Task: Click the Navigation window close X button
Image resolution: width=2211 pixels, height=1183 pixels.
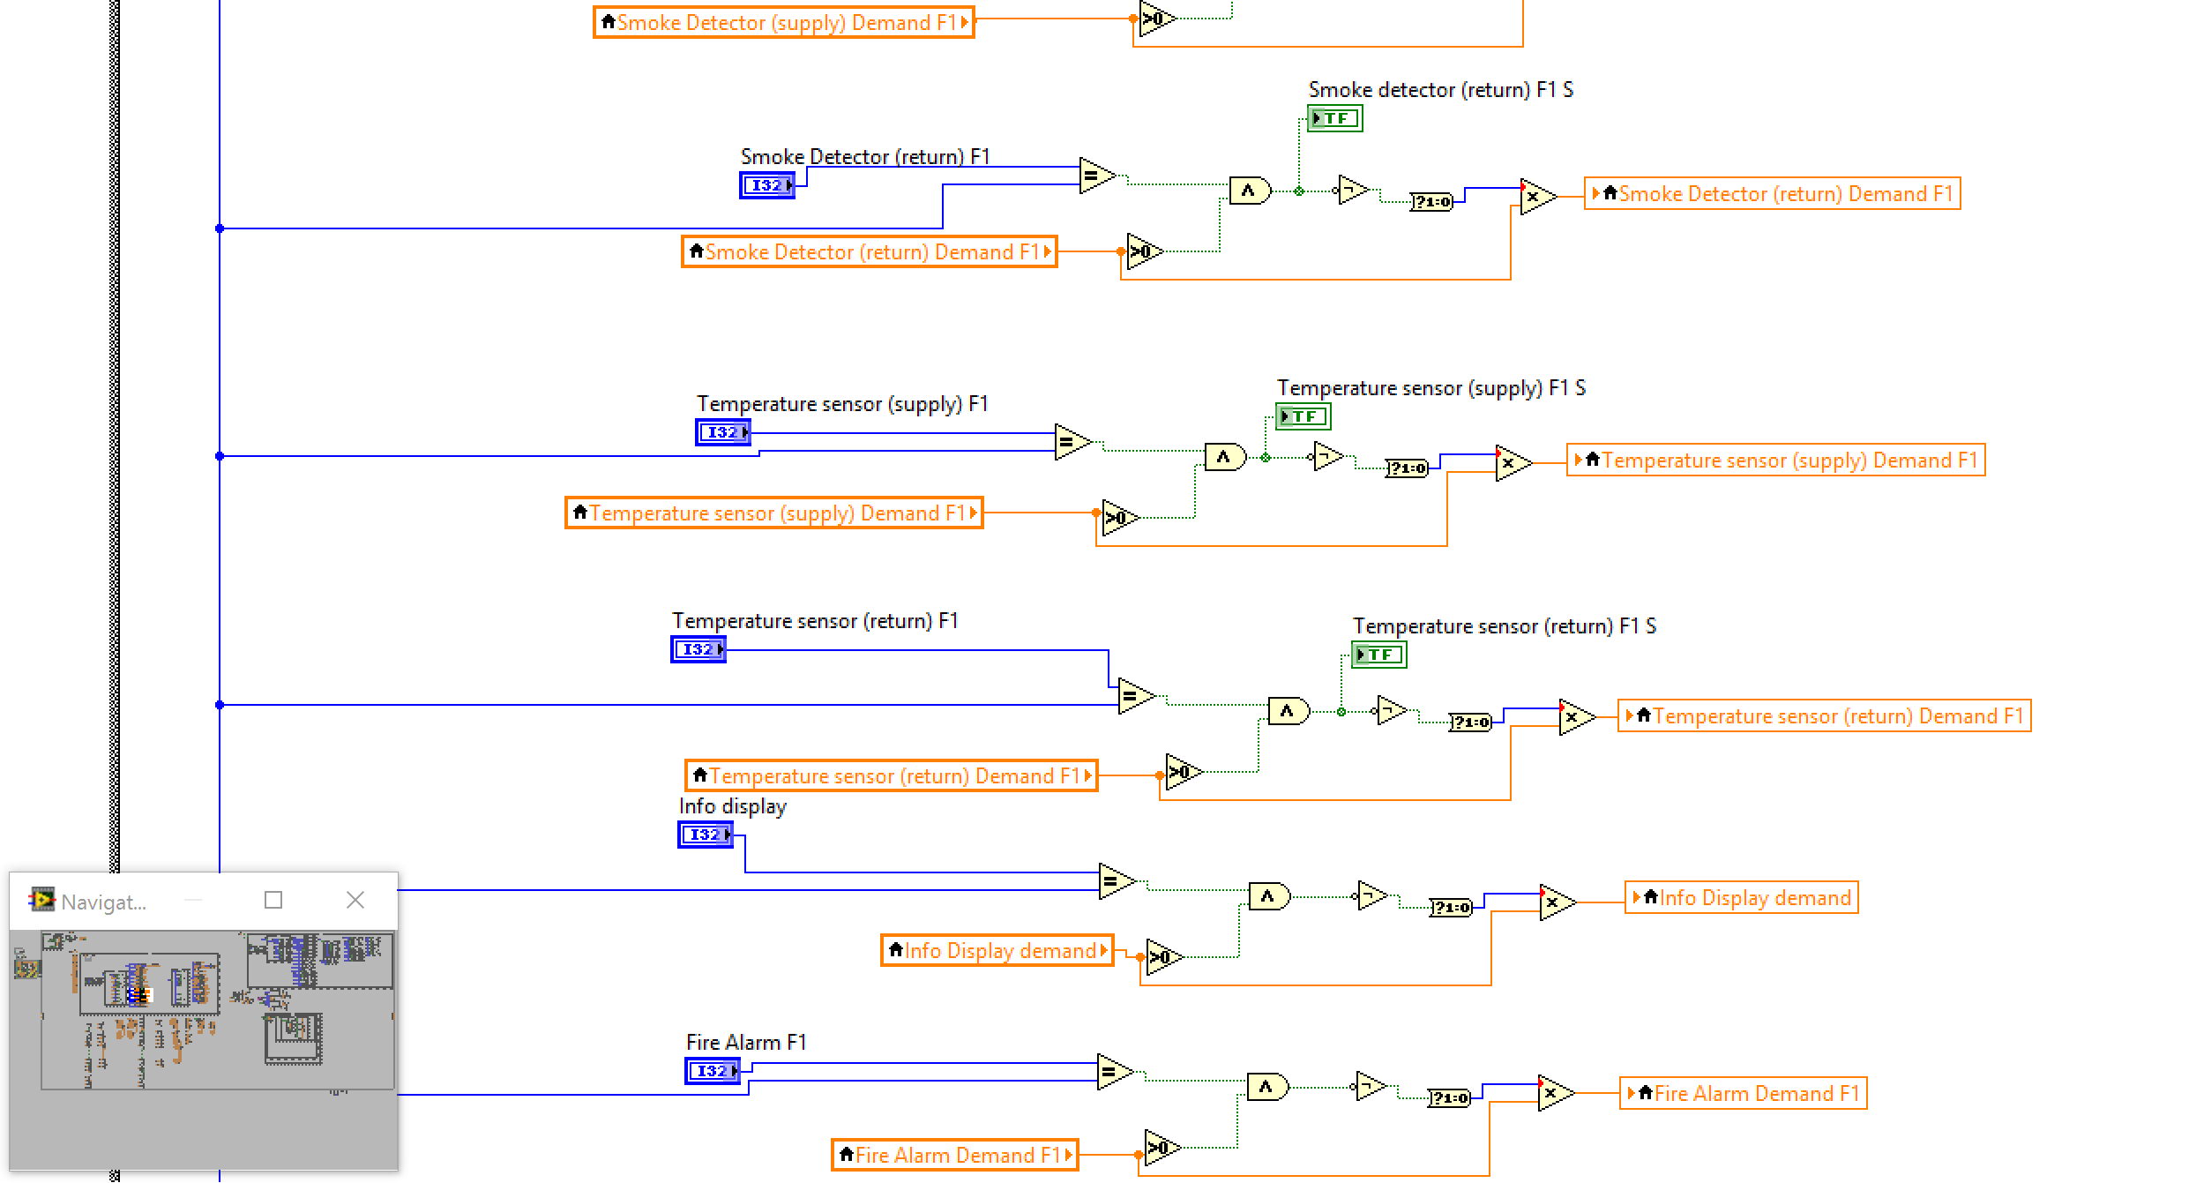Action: point(355,900)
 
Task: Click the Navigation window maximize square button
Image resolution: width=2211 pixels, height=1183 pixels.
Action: point(273,900)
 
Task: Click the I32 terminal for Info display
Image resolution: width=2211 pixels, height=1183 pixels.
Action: point(705,835)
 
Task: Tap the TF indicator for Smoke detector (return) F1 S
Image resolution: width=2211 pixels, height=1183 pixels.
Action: point(1334,118)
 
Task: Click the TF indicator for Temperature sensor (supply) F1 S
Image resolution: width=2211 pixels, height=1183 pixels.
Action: point(1303,416)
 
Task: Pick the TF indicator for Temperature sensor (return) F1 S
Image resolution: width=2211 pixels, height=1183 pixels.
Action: point(1378,655)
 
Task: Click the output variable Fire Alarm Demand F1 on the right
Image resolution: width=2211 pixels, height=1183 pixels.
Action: point(1744,1094)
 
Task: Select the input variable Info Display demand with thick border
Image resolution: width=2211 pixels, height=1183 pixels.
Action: point(997,951)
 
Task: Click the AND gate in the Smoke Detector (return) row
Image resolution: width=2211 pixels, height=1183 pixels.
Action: point(1249,191)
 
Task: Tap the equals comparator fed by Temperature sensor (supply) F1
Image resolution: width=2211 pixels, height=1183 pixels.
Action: point(1071,442)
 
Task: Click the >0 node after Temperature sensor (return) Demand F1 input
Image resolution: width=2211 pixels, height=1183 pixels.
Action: point(1182,773)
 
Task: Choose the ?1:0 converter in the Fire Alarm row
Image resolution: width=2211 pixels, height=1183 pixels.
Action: point(1449,1098)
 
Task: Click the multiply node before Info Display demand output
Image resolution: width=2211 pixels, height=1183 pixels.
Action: point(1556,902)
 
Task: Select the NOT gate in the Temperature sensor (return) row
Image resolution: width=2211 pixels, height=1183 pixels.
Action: point(1390,710)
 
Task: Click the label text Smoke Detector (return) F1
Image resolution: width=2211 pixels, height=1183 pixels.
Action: point(864,157)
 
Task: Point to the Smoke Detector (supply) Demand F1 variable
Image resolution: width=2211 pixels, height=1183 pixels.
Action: point(784,23)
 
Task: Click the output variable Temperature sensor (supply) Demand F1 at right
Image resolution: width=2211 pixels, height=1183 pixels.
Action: point(1775,460)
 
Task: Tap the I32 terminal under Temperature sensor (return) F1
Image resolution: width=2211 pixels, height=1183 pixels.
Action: point(698,649)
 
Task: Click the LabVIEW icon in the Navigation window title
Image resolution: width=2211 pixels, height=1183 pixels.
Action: point(41,900)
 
